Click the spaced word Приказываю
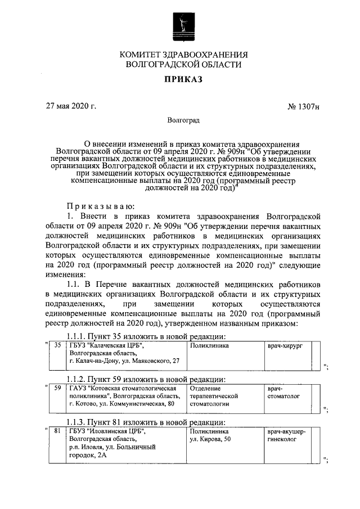[x=98, y=206]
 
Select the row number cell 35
[x=57, y=345]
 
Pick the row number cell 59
[x=57, y=388]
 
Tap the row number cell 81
[x=57, y=431]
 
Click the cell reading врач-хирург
[x=285, y=345]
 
